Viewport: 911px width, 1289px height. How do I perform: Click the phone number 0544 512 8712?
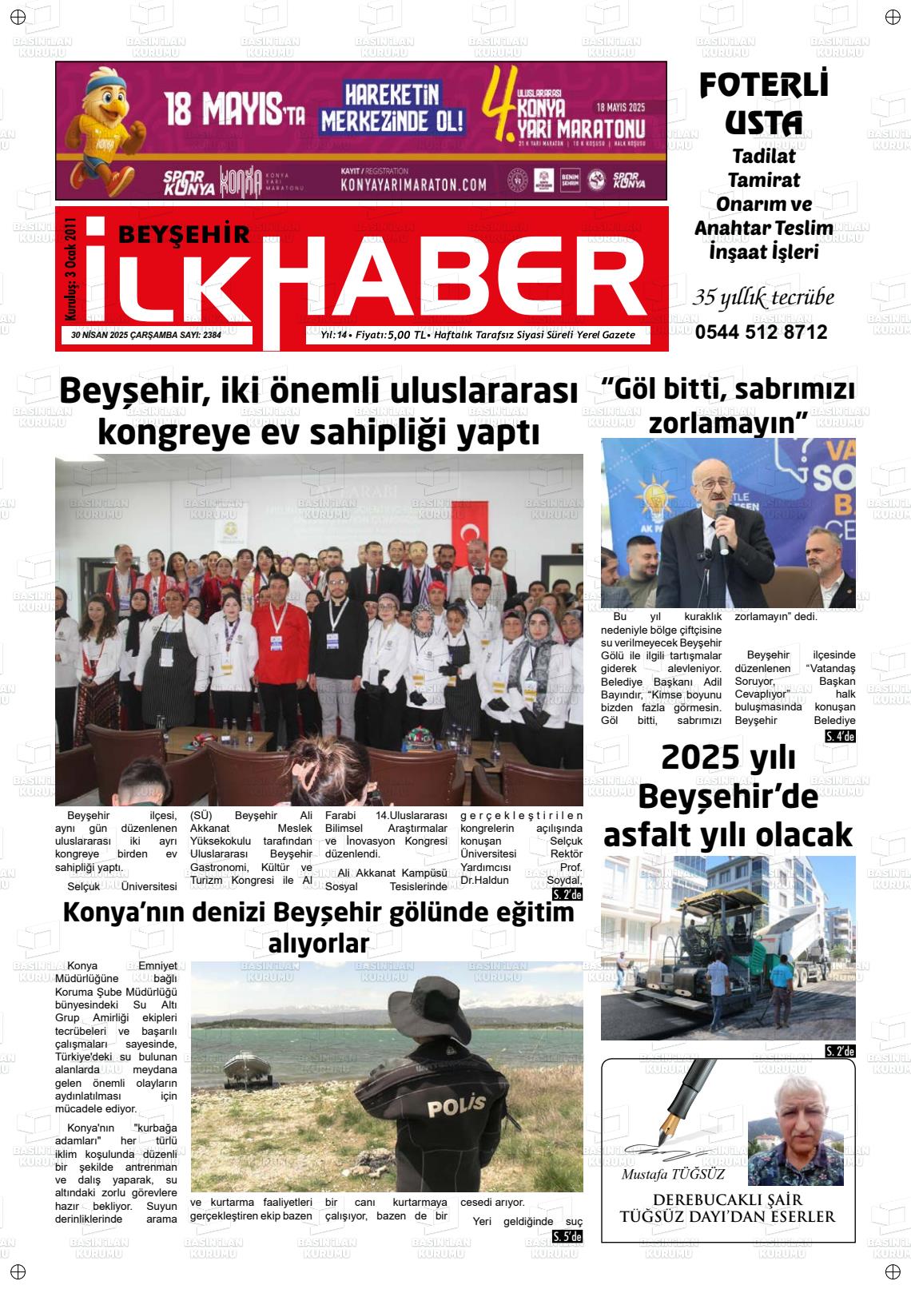point(761,332)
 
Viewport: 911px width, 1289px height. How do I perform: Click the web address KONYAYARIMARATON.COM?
point(413,185)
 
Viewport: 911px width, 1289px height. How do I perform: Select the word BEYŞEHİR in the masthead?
point(184,233)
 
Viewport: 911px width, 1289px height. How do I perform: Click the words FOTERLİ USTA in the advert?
point(763,103)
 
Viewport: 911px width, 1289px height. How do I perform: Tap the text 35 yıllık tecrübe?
point(763,298)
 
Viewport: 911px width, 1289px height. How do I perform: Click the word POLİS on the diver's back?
point(456,1107)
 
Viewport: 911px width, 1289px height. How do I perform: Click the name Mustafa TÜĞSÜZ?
point(673,1175)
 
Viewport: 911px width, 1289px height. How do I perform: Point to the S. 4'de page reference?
point(840,736)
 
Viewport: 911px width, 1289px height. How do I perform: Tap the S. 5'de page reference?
point(567,1237)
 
